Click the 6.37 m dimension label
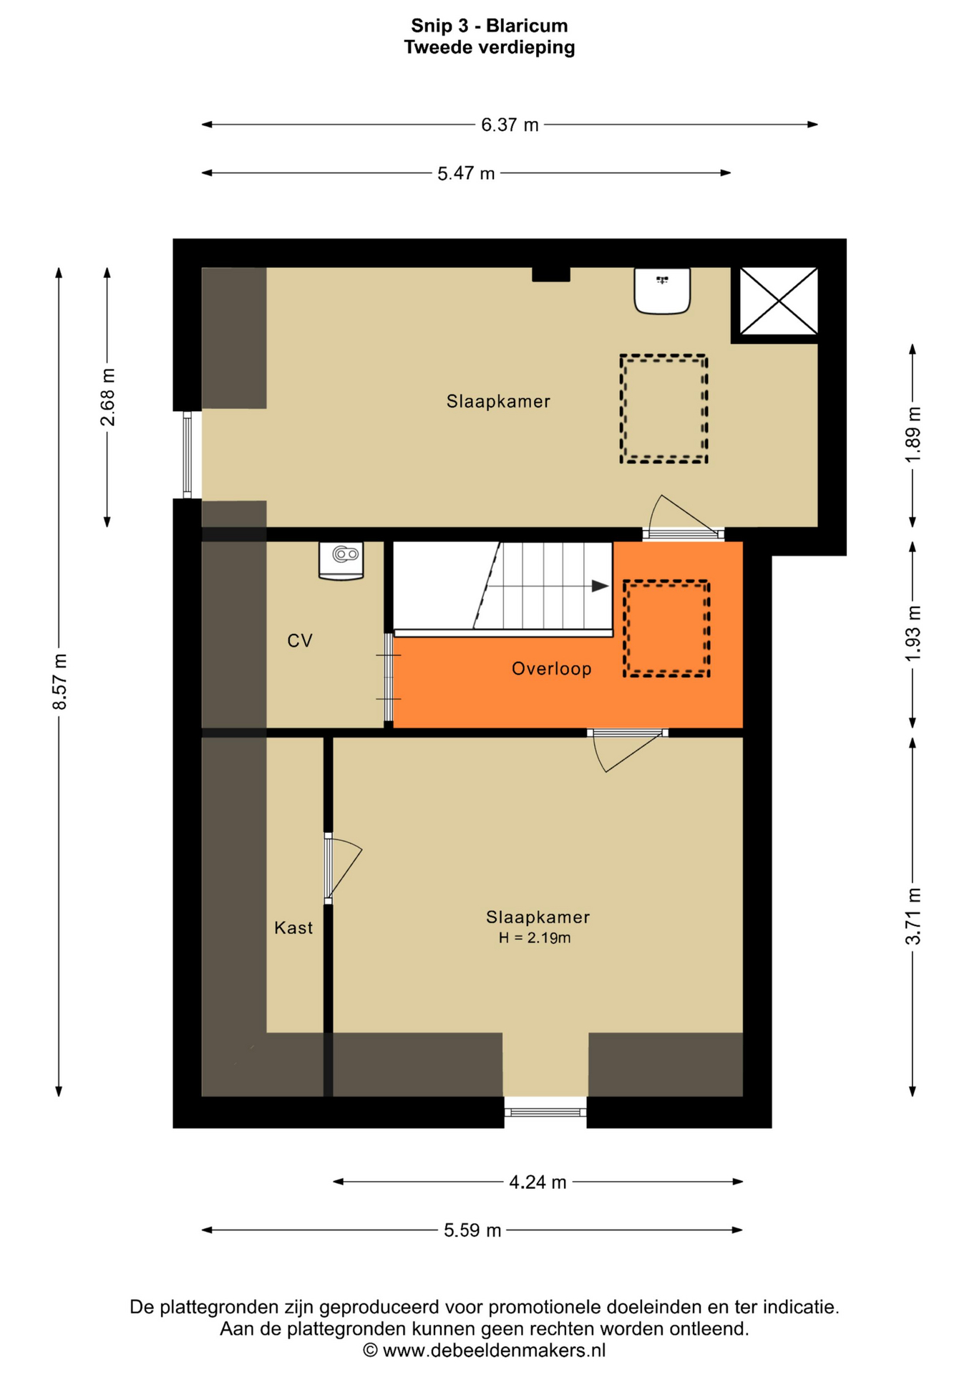click(509, 125)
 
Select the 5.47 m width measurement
click(466, 173)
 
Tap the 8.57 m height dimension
click(59, 682)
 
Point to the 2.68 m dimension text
click(107, 397)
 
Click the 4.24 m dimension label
click(538, 1182)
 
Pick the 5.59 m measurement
click(472, 1230)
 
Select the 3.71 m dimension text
click(913, 916)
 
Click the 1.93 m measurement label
click(913, 634)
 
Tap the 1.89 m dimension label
click(913, 434)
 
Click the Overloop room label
click(551, 669)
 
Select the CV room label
click(300, 641)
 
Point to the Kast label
click(293, 928)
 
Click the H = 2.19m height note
click(535, 938)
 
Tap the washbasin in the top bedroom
click(662, 291)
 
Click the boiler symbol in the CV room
click(341, 560)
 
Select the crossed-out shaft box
click(779, 301)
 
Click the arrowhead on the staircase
click(601, 586)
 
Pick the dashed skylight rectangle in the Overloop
click(666, 629)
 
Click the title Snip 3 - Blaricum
click(490, 26)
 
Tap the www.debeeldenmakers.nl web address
click(494, 1351)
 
